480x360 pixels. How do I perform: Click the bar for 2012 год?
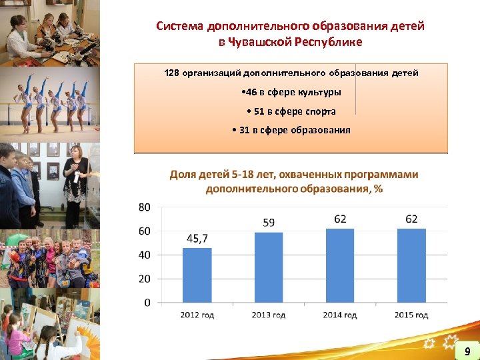click(x=197, y=275)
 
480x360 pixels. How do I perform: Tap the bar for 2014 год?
click(x=340, y=265)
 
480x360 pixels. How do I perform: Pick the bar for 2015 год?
click(x=411, y=265)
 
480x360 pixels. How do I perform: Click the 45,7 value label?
click(x=197, y=238)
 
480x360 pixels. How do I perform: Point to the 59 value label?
click(x=269, y=223)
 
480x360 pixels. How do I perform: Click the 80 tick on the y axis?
click(x=145, y=207)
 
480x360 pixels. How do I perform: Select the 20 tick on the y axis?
click(x=145, y=279)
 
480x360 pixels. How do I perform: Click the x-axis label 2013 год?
click(x=269, y=315)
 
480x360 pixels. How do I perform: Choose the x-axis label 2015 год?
click(x=411, y=315)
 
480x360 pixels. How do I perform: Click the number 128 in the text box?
click(x=172, y=73)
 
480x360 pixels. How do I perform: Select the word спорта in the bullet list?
click(x=320, y=111)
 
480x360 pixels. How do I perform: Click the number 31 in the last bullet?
click(x=244, y=130)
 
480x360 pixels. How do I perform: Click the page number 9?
click(x=467, y=351)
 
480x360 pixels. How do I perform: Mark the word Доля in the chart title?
click(x=183, y=175)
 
